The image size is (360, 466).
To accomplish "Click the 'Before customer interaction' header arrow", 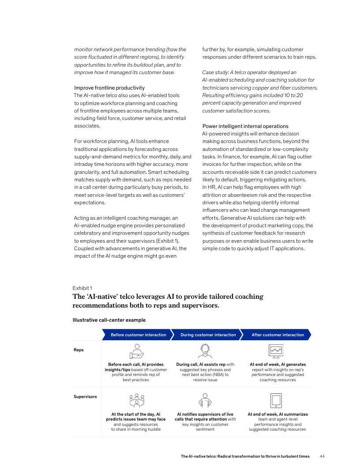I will pos(138,335).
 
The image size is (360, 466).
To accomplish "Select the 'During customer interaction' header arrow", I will pos(208,335).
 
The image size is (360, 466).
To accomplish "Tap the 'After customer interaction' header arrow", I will pos(277,335).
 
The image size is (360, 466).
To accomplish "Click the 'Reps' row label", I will pos(79,350).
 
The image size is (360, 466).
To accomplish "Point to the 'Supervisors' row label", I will pos(85,397).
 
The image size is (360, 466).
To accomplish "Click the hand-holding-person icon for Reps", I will pos(137,351).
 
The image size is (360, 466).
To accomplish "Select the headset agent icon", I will pos(205,351).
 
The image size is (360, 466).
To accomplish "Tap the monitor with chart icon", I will pos(276,351).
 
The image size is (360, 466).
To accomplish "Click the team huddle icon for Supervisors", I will pos(137,400).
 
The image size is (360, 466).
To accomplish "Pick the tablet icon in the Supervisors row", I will pos(276,401).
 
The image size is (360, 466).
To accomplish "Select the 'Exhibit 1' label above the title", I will pos(82,288).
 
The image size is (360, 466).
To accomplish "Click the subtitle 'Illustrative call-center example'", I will pos(109,320).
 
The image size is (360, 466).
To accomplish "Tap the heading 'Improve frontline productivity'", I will pos(109,88).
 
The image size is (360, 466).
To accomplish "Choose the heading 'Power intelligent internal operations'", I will pos(245,126).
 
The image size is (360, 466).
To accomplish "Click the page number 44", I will pos(322,456).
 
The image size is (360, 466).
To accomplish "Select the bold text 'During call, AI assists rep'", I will pos(201,365).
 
